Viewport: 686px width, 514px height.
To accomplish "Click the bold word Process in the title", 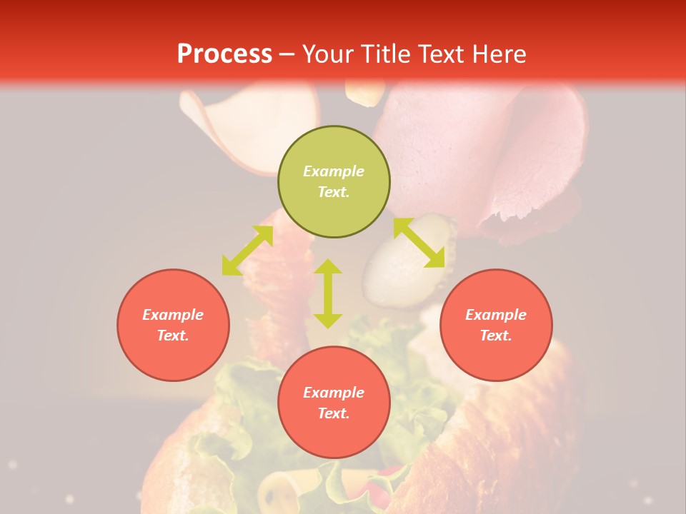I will pos(224,54).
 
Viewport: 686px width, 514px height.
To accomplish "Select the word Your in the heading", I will pos(329,54).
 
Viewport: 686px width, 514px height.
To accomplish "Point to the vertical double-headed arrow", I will pos(328,293).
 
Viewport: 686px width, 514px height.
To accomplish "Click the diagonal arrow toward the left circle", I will pos(247,251).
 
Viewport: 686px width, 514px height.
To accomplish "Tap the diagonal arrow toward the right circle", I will pos(419,243).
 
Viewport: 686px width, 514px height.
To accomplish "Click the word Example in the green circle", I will pos(334,171).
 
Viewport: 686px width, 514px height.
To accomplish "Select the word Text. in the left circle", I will pos(173,336).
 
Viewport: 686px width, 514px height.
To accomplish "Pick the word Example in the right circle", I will pos(496,315).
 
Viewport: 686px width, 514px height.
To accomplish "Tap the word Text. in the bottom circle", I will pos(334,413).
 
